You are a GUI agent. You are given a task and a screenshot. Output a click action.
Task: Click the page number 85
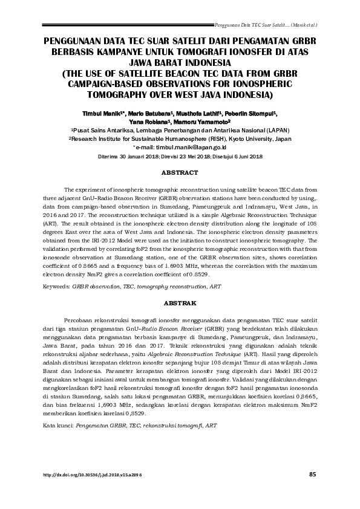[x=312, y=474]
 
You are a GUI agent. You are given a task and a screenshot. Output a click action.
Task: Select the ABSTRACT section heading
[x=180, y=173]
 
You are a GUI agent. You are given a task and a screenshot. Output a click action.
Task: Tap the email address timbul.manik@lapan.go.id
[x=182, y=147]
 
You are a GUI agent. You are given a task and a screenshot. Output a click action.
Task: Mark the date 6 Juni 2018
[x=247, y=157]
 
